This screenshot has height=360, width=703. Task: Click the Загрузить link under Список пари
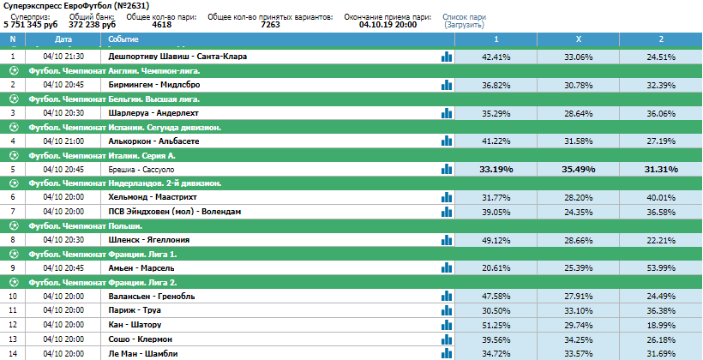(x=464, y=25)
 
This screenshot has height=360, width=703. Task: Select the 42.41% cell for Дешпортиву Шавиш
(x=496, y=57)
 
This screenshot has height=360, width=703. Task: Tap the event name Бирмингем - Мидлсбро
(x=154, y=85)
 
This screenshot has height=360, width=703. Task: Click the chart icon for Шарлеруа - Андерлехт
(x=446, y=113)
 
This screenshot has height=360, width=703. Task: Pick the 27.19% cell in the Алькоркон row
(x=661, y=141)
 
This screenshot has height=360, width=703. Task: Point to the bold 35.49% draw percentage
(x=579, y=170)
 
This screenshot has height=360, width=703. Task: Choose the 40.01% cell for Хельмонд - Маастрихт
(x=661, y=197)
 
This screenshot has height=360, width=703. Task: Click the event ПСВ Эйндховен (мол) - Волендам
(x=175, y=211)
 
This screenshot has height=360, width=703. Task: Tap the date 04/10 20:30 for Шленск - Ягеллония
(x=63, y=240)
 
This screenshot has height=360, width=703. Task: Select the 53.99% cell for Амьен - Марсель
(x=661, y=268)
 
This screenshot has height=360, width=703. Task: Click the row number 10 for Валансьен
(x=13, y=297)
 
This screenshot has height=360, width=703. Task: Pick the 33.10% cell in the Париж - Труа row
(x=579, y=310)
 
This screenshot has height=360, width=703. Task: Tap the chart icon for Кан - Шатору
(x=446, y=325)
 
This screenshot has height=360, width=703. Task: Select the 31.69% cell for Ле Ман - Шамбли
(x=661, y=354)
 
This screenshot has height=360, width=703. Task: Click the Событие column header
(x=123, y=39)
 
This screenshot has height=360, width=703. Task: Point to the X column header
(x=579, y=39)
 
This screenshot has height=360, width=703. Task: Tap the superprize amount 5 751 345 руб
(x=31, y=25)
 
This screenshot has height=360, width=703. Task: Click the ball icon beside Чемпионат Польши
(x=15, y=225)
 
